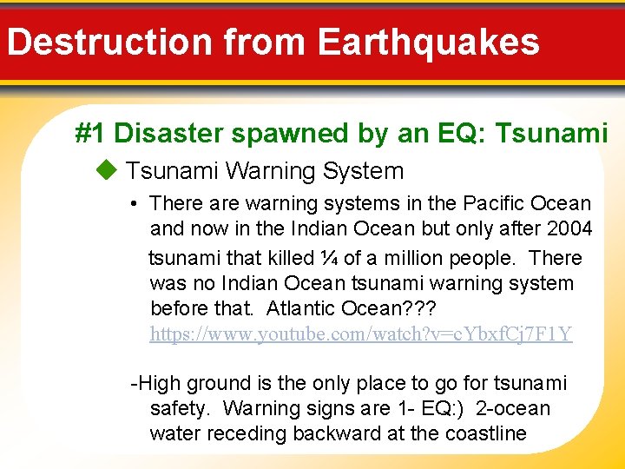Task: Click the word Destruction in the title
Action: [x=110, y=41]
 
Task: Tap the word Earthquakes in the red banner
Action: [x=428, y=41]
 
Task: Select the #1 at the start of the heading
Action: [x=91, y=133]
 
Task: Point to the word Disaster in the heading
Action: [x=165, y=133]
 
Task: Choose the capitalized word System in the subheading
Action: [x=363, y=171]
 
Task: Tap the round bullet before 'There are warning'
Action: [x=135, y=205]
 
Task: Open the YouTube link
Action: [x=360, y=334]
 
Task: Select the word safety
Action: [x=180, y=408]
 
